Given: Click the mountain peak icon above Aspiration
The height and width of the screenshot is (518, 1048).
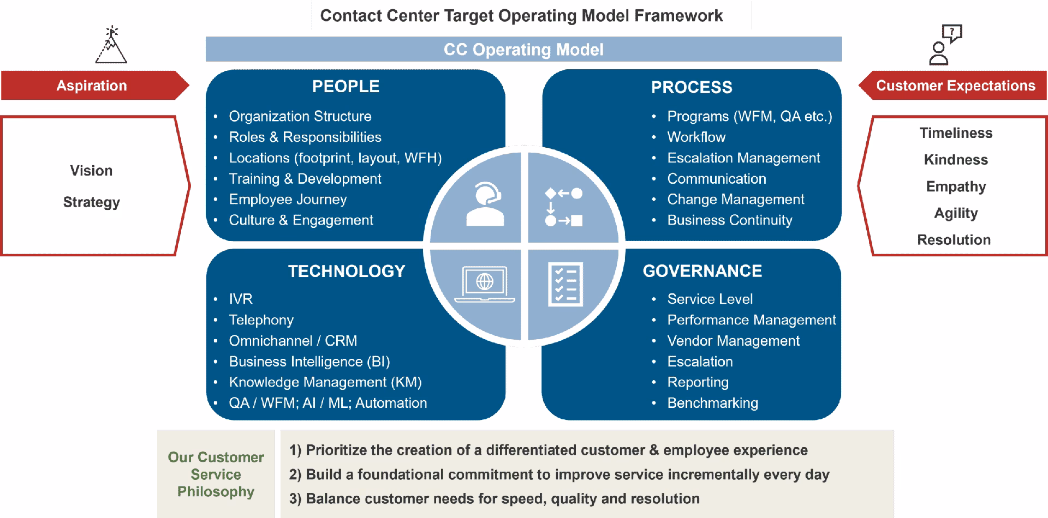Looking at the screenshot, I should pos(111,45).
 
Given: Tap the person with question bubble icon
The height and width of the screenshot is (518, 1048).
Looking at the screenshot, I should pos(945,45).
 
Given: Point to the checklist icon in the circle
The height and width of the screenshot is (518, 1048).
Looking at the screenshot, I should pos(565,284).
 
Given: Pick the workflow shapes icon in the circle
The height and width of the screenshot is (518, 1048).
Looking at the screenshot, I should pos(564,207).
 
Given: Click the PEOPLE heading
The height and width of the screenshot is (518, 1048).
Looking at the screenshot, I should pos(346,87).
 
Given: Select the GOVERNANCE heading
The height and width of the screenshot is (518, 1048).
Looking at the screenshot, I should pos(702,271).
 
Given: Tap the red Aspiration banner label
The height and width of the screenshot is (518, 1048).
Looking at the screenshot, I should pos(92,86).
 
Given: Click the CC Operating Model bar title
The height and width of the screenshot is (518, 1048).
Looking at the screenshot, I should pos(523,50).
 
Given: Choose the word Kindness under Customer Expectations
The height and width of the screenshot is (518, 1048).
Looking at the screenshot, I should pos(956,160).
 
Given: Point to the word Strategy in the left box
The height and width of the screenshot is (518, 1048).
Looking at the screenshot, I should pos(92,202).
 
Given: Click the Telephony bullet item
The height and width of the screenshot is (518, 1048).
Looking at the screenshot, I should pos(261,320).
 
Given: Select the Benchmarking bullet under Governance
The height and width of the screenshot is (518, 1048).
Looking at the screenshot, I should pos(712,403).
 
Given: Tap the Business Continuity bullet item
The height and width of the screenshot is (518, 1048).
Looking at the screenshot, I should pos(729,220).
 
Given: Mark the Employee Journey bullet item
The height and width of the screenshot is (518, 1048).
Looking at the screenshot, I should pos(288,200).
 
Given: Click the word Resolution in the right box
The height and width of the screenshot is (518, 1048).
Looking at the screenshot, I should pos(954,240).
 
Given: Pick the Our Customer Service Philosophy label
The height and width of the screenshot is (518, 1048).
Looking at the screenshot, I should pos(216,474).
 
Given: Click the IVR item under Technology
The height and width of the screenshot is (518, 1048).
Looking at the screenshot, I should pos(241,299).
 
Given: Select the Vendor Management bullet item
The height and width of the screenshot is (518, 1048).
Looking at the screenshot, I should pos(733,341).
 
